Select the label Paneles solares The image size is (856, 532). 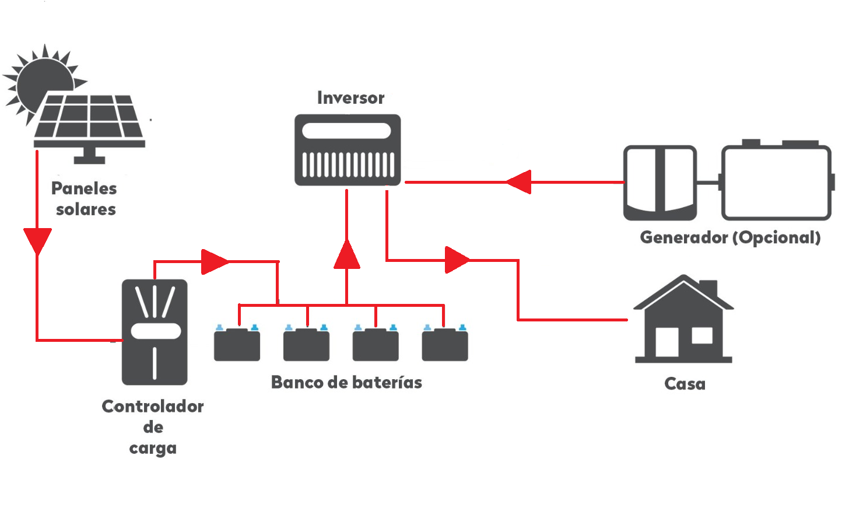click(x=85, y=198)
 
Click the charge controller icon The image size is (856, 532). click(x=155, y=332)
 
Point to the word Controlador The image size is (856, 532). click(x=153, y=406)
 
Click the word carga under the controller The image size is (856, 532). click(x=153, y=448)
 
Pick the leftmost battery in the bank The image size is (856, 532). click(x=237, y=345)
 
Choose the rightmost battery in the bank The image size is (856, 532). click(x=445, y=345)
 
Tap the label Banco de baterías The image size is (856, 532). click(x=346, y=382)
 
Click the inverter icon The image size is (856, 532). click(x=348, y=150)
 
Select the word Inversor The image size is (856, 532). click(x=350, y=97)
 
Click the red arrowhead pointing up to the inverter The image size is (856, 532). click(x=347, y=255)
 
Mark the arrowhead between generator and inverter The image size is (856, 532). click(x=520, y=182)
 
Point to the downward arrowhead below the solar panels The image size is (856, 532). click(x=37, y=240)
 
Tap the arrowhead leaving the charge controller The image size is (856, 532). click(x=214, y=261)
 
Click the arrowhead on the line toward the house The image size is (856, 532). click(x=457, y=260)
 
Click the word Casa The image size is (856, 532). click(x=685, y=383)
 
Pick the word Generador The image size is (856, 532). click(x=684, y=237)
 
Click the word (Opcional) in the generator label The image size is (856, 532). click(x=776, y=237)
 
